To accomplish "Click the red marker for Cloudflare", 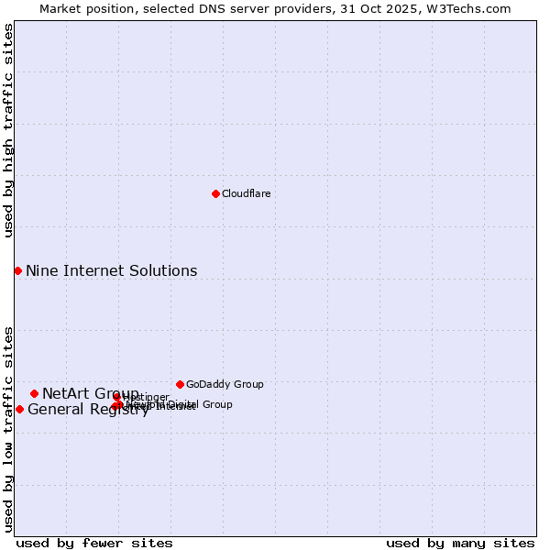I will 215,193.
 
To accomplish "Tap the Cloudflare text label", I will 246,193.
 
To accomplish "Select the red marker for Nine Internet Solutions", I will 17,270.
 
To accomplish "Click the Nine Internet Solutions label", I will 111,270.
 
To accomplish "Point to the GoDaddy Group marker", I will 180,384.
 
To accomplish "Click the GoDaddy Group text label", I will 225,384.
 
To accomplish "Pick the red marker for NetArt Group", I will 34,393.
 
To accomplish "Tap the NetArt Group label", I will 90,393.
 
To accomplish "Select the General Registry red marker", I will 19,409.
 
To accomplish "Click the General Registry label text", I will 88,410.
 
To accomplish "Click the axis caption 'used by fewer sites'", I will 94,543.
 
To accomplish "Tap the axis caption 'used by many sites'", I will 460,543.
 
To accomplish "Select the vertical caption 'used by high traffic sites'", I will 8,130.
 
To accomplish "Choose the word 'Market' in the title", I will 60,8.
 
